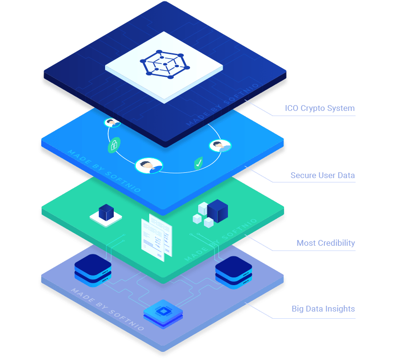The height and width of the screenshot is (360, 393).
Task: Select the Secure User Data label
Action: (x=322, y=175)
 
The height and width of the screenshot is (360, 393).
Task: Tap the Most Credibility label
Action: (x=326, y=243)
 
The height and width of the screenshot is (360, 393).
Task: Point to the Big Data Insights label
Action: (x=323, y=309)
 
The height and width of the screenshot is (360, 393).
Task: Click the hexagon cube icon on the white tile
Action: (x=164, y=65)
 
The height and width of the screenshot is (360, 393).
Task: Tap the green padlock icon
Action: (x=114, y=145)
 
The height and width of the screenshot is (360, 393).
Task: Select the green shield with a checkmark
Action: (x=198, y=164)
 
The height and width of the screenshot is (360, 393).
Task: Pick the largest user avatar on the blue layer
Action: (x=149, y=166)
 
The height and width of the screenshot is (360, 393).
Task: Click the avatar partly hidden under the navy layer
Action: (x=112, y=123)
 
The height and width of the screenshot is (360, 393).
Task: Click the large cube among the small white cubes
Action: (x=217, y=210)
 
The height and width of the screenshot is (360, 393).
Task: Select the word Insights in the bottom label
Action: (x=340, y=309)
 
